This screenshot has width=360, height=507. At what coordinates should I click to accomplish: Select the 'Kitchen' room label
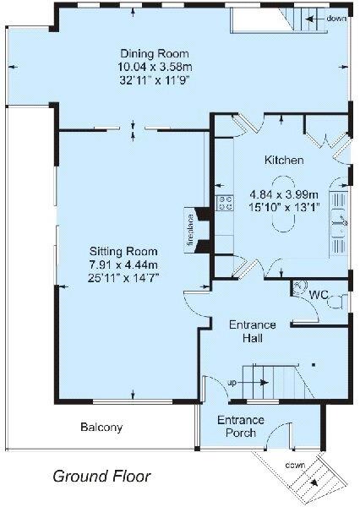coord(279,160)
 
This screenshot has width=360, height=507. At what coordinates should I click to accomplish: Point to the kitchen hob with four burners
coord(226,202)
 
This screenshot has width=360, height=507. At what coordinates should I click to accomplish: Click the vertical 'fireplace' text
coord(192,227)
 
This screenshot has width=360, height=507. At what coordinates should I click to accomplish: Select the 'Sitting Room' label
coord(125,251)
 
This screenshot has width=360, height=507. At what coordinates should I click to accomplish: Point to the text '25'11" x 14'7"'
coord(125,275)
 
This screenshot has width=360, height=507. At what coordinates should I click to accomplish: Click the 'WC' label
coord(319,296)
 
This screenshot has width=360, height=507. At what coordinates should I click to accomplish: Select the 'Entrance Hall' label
coord(254,330)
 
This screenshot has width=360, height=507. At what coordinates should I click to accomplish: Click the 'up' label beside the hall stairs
coord(232,383)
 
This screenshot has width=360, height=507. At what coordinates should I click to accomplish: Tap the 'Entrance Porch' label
coord(241,427)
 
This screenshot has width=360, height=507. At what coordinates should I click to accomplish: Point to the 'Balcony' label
coord(101,428)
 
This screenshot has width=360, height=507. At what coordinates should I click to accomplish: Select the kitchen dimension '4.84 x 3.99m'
coord(280,193)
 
